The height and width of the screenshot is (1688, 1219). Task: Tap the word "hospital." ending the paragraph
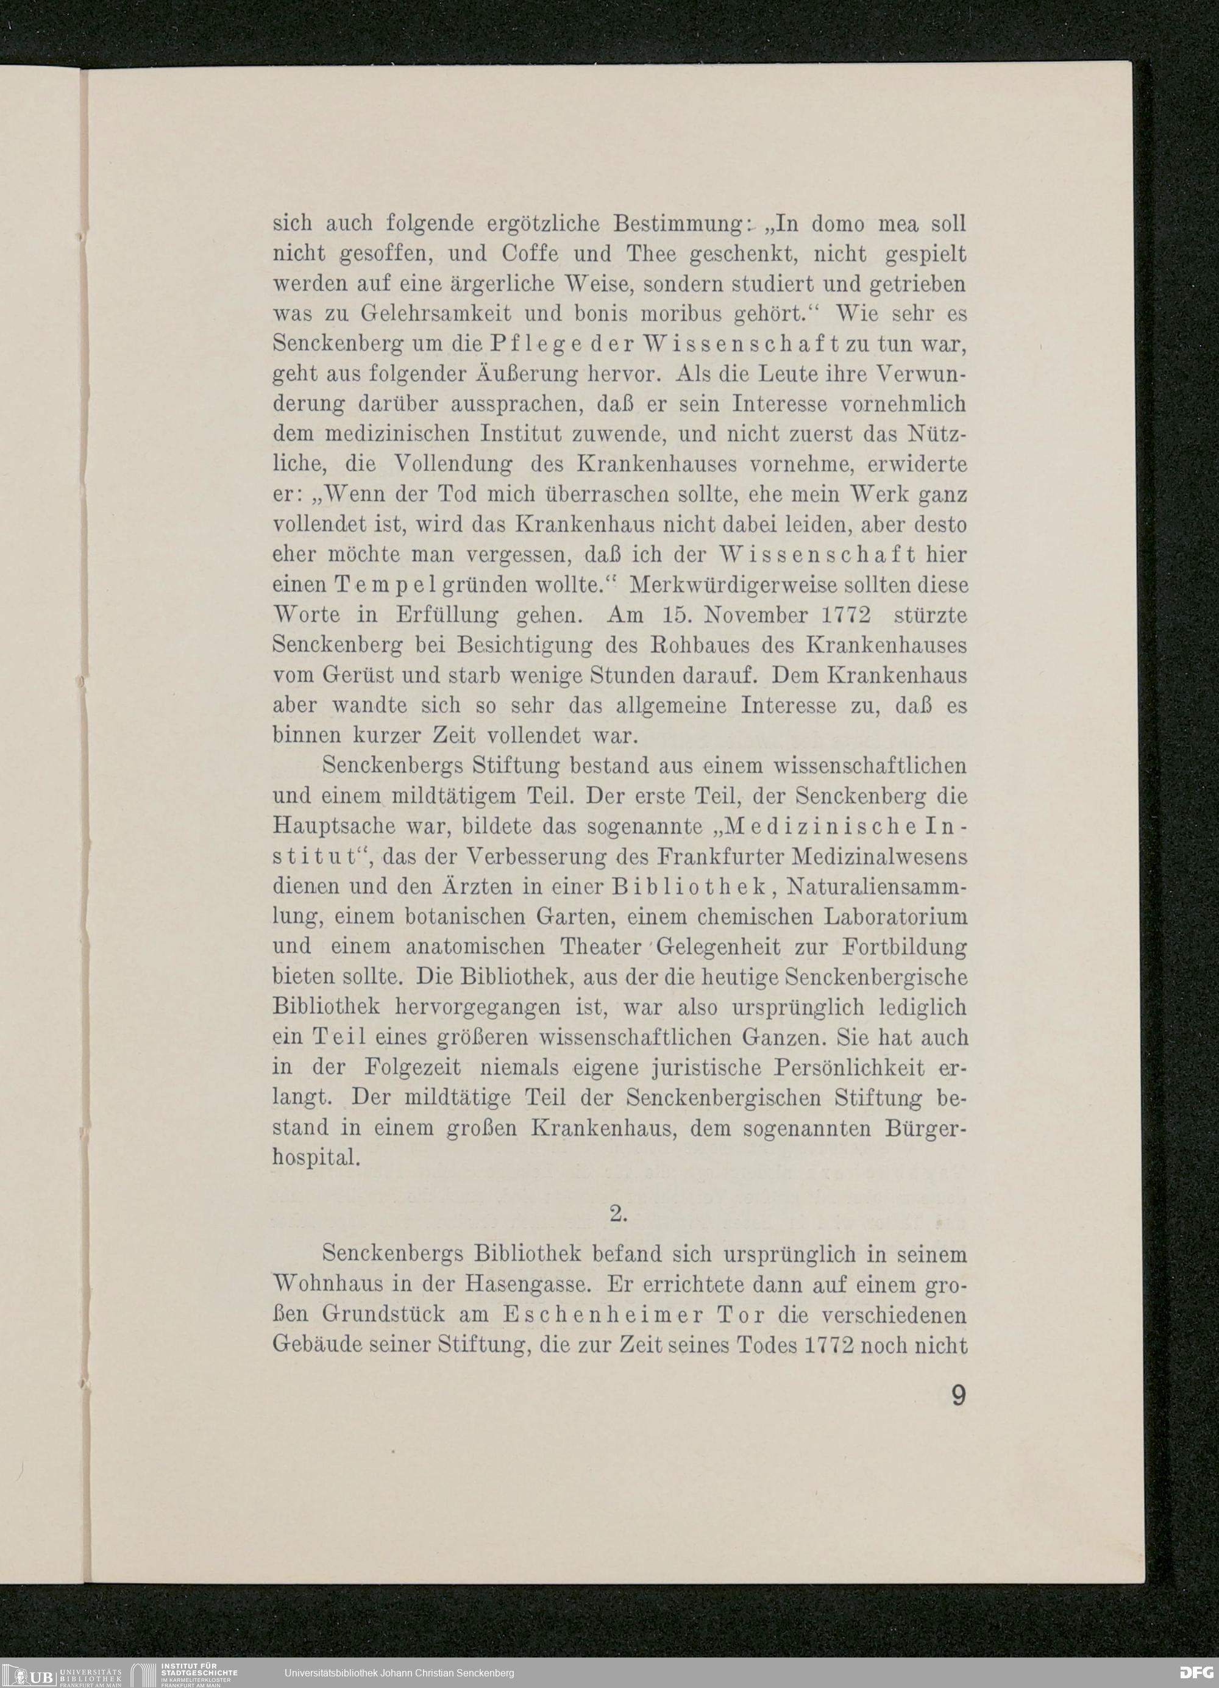pyautogui.click(x=317, y=1159)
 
